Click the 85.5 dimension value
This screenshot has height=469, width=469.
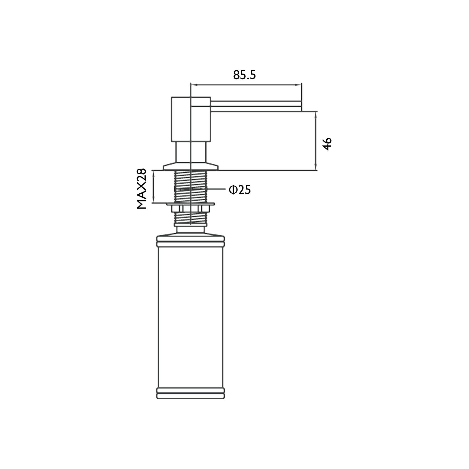point(245,75)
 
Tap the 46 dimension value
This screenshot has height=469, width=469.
point(327,144)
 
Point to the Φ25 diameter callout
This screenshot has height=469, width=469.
point(240,190)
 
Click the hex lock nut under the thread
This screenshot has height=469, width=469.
point(190,208)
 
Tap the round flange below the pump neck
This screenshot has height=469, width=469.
point(190,166)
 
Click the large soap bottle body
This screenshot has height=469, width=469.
point(190,319)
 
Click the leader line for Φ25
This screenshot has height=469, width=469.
point(217,189)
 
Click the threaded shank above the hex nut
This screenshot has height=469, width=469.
point(190,186)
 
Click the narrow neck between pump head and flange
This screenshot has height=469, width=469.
point(190,152)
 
